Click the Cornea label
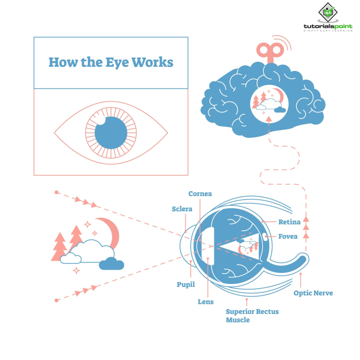pos(200,194)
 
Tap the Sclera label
pos(182,209)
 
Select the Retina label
pos(289,222)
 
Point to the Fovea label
pos(288,237)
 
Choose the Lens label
pos(205,302)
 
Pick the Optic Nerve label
pos(313,293)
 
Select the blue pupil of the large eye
pos(111,133)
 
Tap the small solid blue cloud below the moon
pos(112,264)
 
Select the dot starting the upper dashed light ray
pos(56,193)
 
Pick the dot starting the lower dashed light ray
pos(56,299)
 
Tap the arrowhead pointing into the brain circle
pos(269,119)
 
